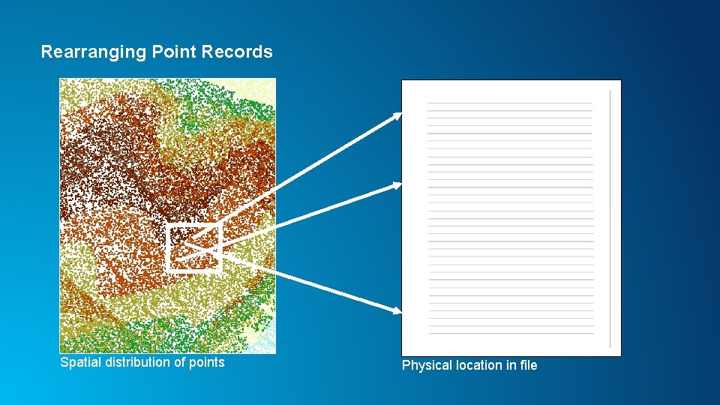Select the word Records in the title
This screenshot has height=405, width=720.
pos(238,52)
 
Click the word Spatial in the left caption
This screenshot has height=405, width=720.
pos(79,362)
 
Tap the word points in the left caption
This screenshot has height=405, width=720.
pos(205,363)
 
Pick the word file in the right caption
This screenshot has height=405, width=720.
pos(529,365)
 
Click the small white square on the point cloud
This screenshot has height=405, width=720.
pos(194,247)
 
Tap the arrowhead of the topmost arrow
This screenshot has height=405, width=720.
pos(397,115)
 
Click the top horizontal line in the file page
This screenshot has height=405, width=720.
pos(509,103)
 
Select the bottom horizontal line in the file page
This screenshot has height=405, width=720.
pos(511,334)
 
